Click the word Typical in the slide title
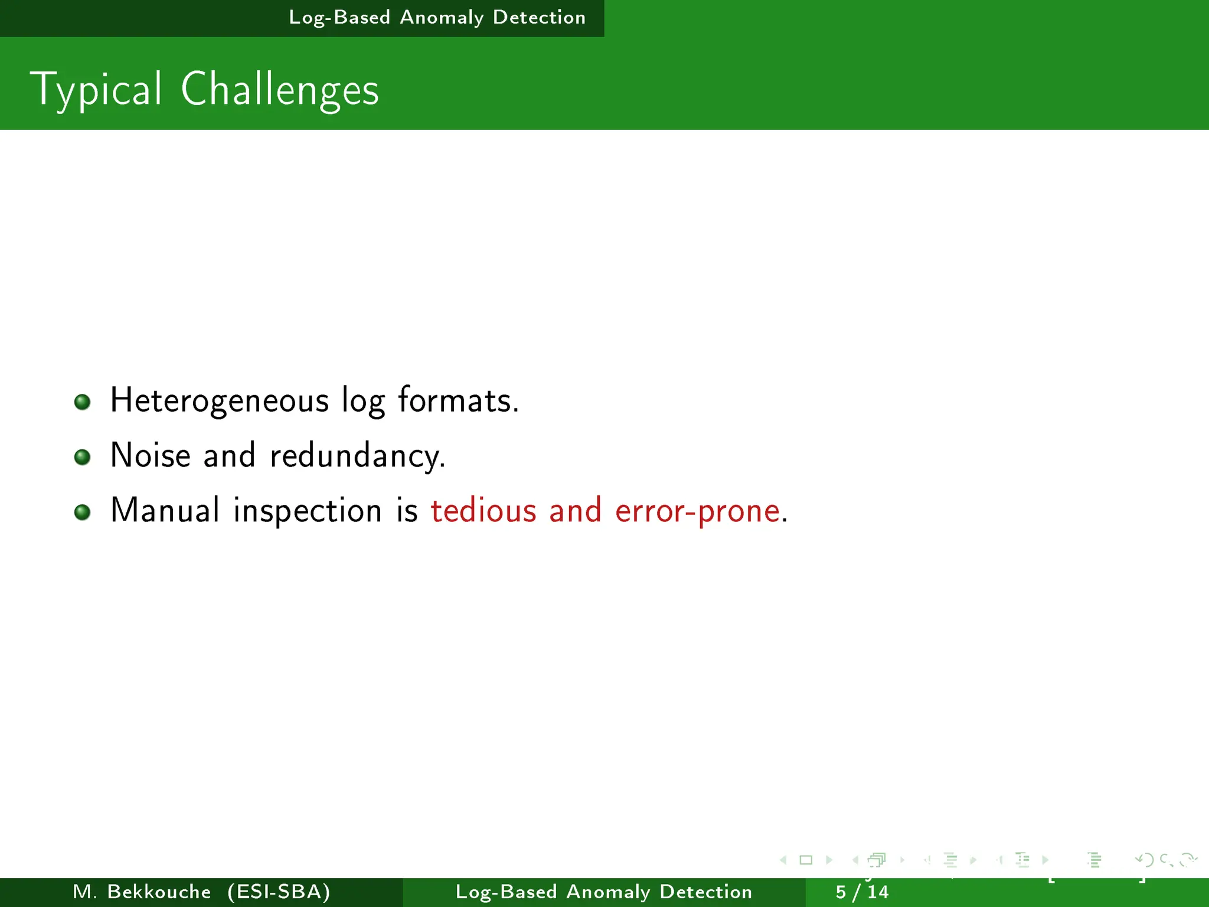pyautogui.click(x=96, y=90)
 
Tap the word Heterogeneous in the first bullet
pyautogui.click(x=219, y=401)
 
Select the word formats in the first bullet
pyautogui.click(x=458, y=401)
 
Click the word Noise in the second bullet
pyautogui.click(x=151, y=456)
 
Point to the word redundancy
pyautogui.click(x=357, y=456)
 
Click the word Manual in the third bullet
pyautogui.click(x=165, y=510)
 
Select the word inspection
pyautogui.click(x=308, y=511)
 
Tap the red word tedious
pyautogui.click(x=483, y=511)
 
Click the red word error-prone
pyautogui.click(x=697, y=511)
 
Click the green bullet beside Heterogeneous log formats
pyautogui.click(x=83, y=402)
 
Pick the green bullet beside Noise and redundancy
pyautogui.click(x=83, y=457)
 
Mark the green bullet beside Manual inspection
pyautogui.click(x=83, y=512)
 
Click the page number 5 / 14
pyautogui.click(x=862, y=892)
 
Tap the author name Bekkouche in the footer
pyautogui.click(x=159, y=892)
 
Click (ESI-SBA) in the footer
pyautogui.click(x=279, y=892)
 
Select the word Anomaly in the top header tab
pyautogui.click(x=442, y=18)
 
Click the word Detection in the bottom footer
pyautogui.click(x=705, y=892)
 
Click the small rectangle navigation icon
pyautogui.click(x=806, y=860)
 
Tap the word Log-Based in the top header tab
pyautogui.click(x=339, y=18)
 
